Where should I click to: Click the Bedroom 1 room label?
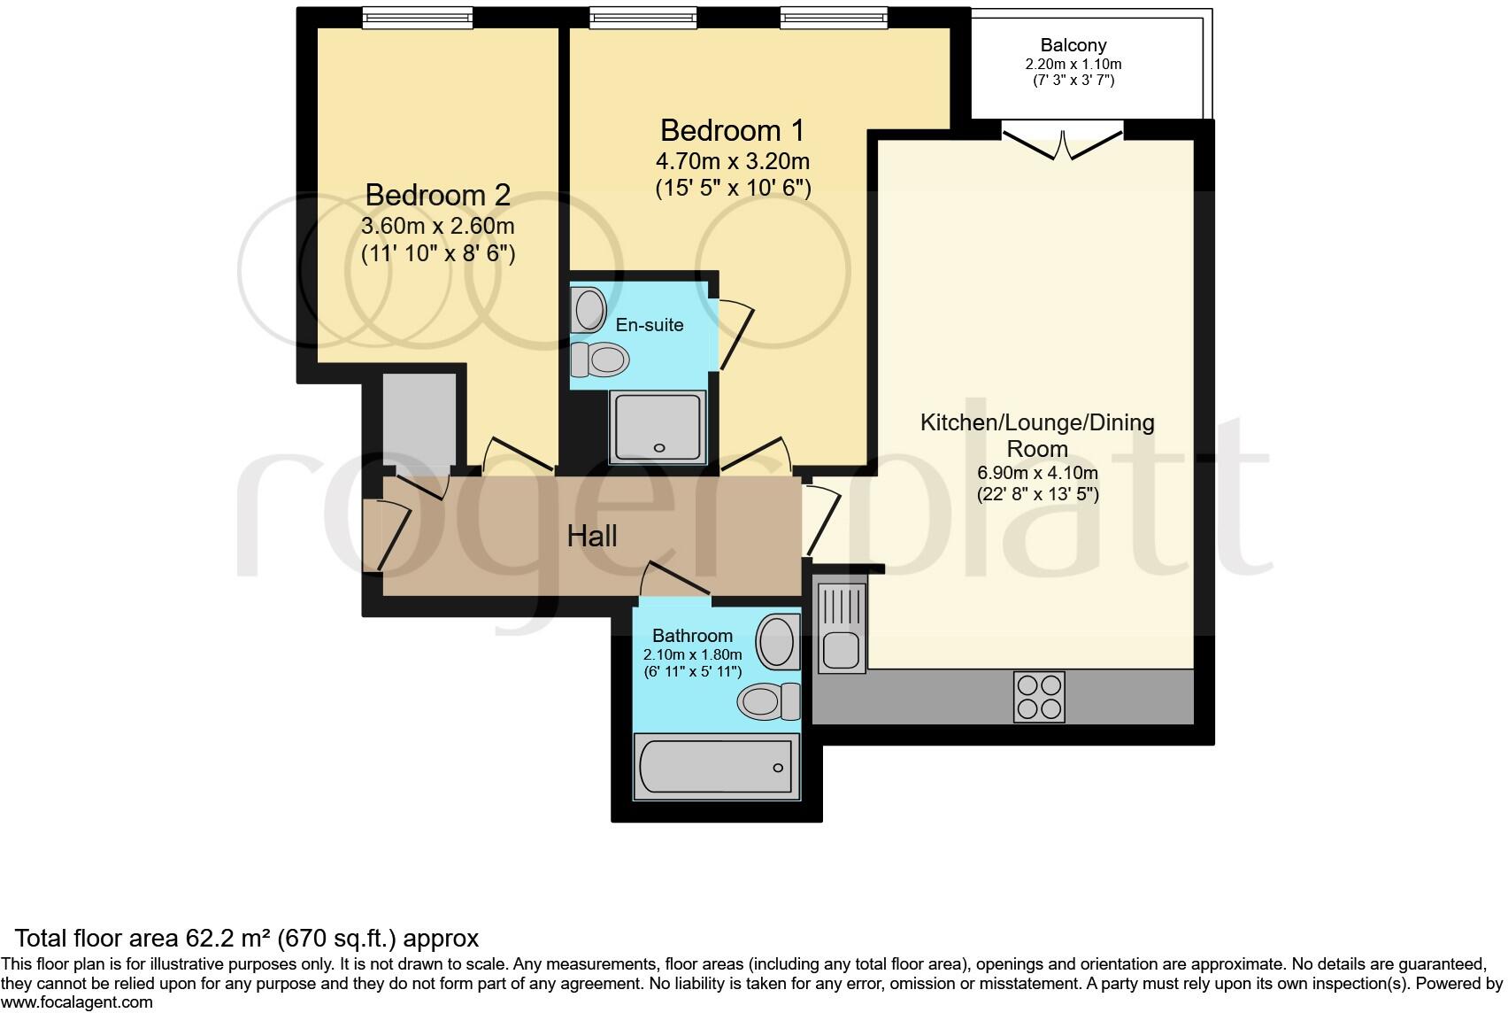point(732,131)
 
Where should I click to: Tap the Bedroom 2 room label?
point(437,195)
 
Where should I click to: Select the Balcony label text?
point(1073,45)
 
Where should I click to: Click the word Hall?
point(592,536)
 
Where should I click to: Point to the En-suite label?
point(650,325)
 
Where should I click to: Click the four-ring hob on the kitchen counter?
point(1039,697)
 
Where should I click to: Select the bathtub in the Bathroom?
point(716,766)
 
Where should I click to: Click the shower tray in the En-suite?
point(658,427)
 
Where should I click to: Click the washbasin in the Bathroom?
point(778,640)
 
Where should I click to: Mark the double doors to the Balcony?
point(1063,145)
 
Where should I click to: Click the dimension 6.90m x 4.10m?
point(1037,473)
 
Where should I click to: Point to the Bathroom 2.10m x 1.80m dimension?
point(692,654)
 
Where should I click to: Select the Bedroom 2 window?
point(417,17)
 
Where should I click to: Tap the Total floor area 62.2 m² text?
point(247,938)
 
